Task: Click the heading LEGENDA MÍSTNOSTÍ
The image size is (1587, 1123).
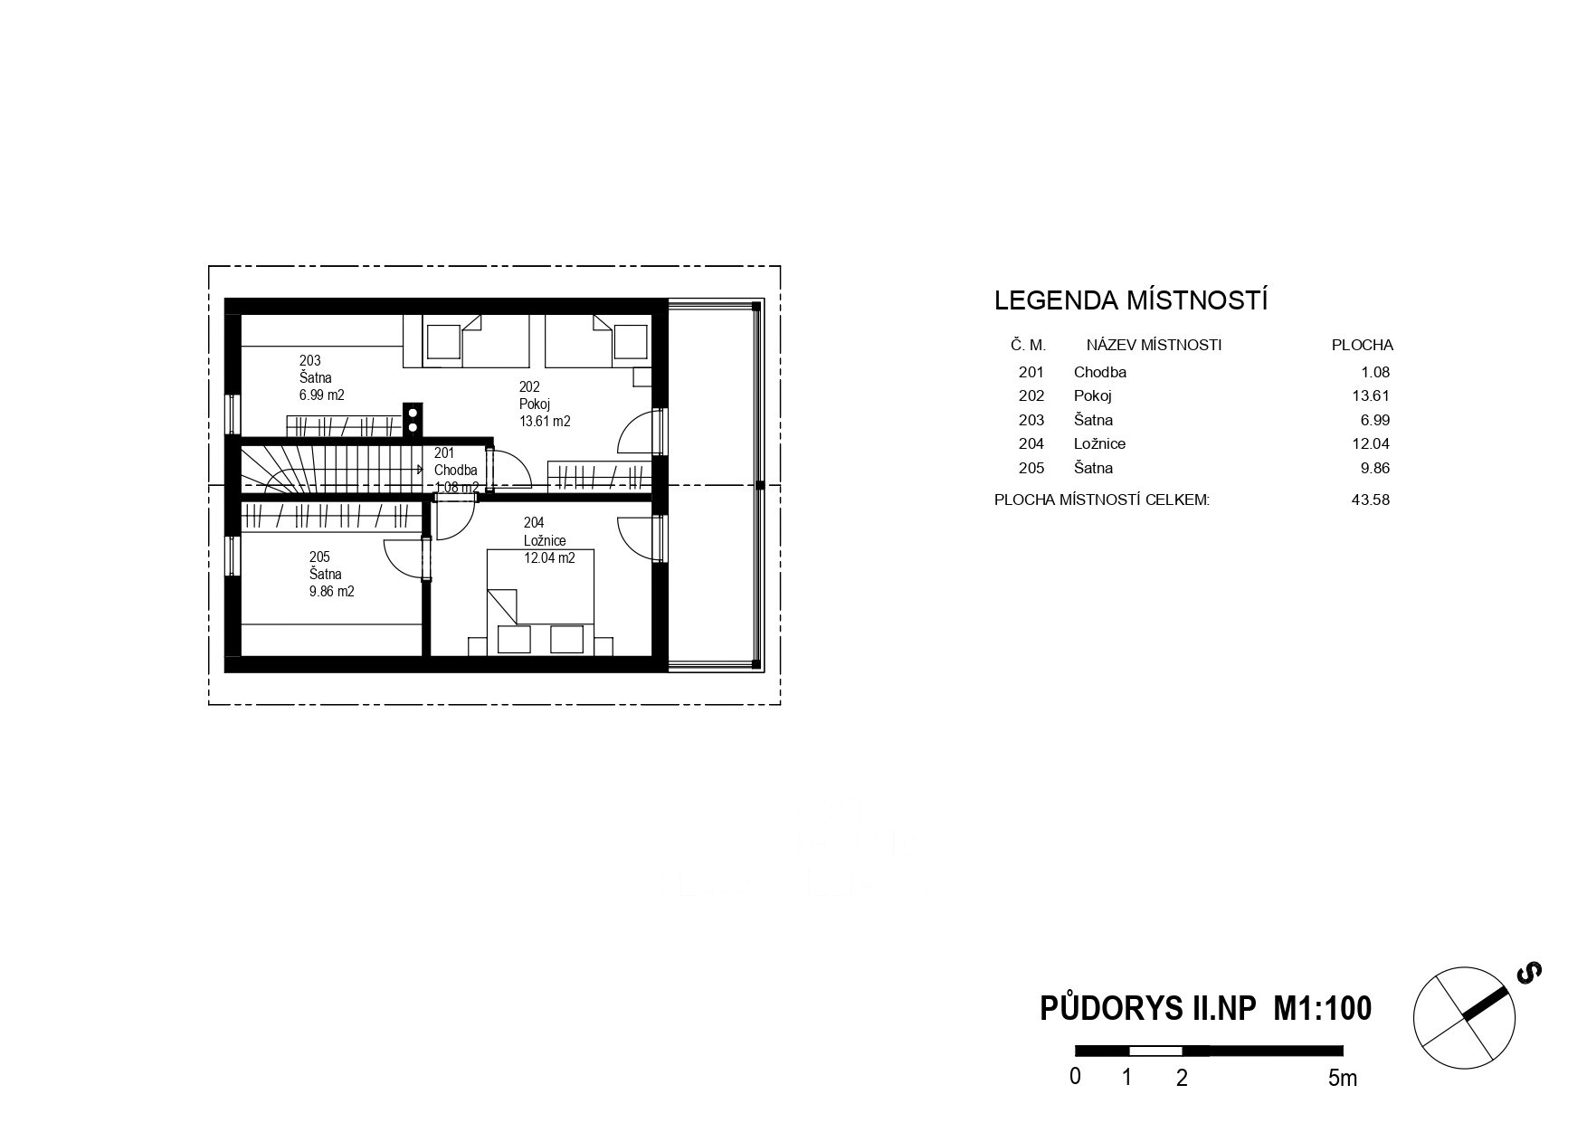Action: pos(1131,300)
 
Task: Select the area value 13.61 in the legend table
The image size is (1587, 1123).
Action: pos(1372,395)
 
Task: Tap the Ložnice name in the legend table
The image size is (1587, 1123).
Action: pos(1099,443)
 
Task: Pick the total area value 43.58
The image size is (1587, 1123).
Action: pos(1371,500)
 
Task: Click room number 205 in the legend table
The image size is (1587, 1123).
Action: pos(1031,468)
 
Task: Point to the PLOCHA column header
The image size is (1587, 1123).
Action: pos(1363,345)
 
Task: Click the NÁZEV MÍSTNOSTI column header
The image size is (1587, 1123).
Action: pos(1154,345)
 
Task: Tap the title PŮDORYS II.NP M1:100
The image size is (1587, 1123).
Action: pos(1205,1008)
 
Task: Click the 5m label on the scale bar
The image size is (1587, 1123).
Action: pos(1343,1078)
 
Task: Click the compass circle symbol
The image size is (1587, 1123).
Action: pos(1464,1019)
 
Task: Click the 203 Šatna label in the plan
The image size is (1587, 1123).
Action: pos(321,377)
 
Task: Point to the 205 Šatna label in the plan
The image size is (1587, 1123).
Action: pos(331,575)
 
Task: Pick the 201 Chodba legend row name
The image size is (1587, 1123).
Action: pos(1100,372)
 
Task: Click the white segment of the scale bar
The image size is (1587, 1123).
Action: pos(1155,1051)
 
